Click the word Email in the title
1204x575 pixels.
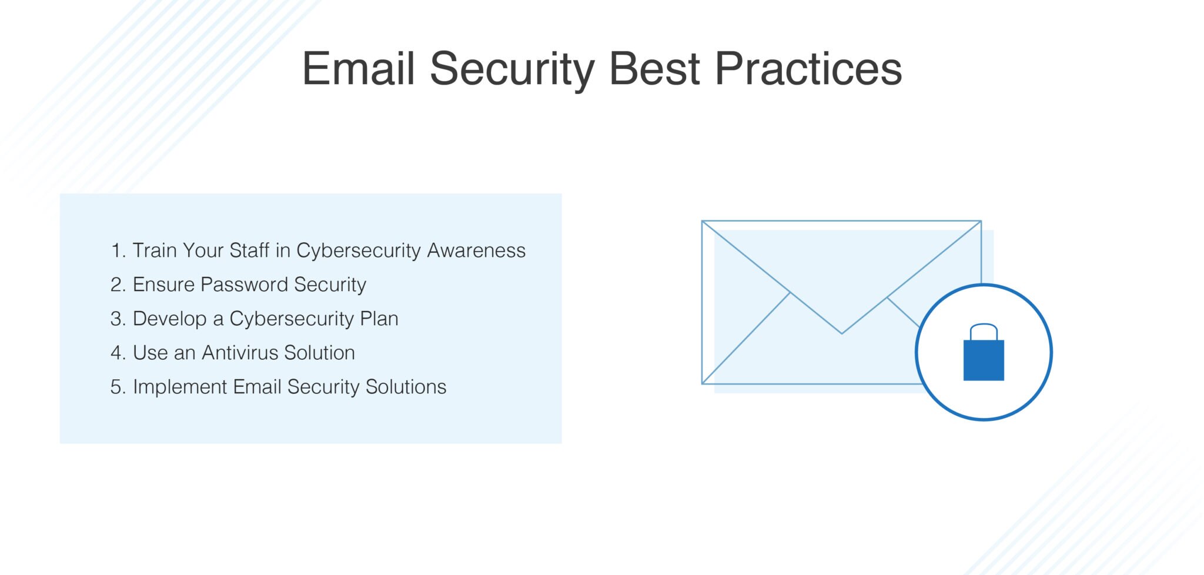tap(359, 69)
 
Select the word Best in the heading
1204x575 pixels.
tap(654, 69)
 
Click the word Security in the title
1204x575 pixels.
tap(512, 69)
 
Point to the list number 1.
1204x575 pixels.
tap(116, 251)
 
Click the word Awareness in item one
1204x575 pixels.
tap(476, 251)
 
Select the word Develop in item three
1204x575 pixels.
tap(170, 319)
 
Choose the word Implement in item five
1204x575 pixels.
tap(180, 387)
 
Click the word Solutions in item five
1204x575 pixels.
tap(406, 387)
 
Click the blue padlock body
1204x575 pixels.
tap(984, 360)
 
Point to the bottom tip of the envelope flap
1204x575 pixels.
tap(842, 333)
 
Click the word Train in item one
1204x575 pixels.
tap(155, 251)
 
